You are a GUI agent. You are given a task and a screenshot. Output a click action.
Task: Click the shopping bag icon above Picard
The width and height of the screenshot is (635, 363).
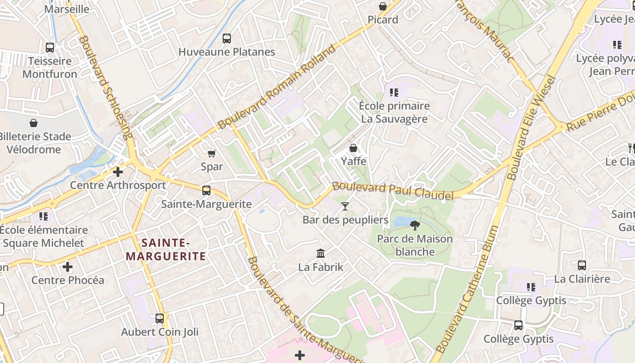click(x=383, y=6)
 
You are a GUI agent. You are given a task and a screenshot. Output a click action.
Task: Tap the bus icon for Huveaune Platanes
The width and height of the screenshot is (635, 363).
click(x=227, y=39)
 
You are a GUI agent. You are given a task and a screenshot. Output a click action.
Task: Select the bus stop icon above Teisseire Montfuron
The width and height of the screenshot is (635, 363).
click(x=50, y=47)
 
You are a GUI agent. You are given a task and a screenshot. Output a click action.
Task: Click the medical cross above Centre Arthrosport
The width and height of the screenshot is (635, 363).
click(x=118, y=172)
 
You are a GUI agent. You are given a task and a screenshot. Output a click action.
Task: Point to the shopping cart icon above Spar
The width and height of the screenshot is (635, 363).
click(x=211, y=153)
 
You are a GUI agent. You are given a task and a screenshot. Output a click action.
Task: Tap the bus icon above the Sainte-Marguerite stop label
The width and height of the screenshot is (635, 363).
click(x=206, y=190)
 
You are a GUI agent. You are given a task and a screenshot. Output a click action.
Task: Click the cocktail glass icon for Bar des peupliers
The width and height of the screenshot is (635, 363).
click(x=345, y=206)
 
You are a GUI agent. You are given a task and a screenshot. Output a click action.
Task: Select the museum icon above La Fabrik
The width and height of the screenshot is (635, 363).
click(x=321, y=253)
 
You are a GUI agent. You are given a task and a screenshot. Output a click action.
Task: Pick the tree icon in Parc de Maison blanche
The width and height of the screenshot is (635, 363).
click(x=415, y=225)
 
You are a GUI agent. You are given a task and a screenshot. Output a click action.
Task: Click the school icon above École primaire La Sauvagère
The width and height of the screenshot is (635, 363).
click(x=394, y=93)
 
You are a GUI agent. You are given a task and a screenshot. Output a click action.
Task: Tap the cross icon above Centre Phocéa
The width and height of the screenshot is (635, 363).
click(x=68, y=266)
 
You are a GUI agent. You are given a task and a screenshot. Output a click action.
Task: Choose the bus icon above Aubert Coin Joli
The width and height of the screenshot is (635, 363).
click(x=160, y=318)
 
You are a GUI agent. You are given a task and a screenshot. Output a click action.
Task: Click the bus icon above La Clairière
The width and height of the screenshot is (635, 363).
click(x=582, y=265)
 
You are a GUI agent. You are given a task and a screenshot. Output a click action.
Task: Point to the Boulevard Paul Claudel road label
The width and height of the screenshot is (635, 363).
click(x=393, y=191)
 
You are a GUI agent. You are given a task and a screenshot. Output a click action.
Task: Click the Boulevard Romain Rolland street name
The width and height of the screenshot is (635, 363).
click(x=279, y=86)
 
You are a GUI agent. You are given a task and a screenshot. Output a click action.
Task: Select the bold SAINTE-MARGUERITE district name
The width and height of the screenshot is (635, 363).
click(x=166, y=250)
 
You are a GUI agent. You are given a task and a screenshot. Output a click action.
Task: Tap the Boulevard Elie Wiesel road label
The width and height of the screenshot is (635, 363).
click(x=531, y=127)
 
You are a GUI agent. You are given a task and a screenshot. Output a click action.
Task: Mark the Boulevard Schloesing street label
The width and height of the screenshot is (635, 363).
click(x=106, y=86)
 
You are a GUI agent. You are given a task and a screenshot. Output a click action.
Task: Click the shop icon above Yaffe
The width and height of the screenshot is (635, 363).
click(x=353, y=148)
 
